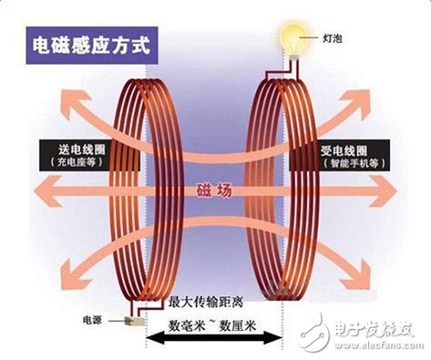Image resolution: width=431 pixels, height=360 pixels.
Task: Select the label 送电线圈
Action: [x=71, y=146]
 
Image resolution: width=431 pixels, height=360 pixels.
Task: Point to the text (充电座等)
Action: [x=71, y=162]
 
